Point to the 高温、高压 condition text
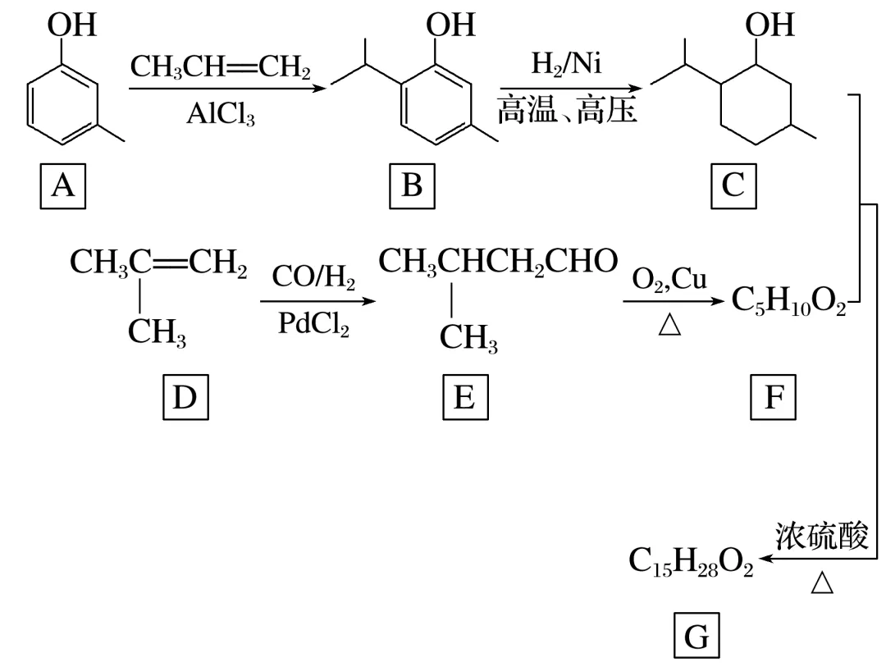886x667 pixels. click(x=567, y=109)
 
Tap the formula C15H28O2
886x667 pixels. click(x=691, y=562)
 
